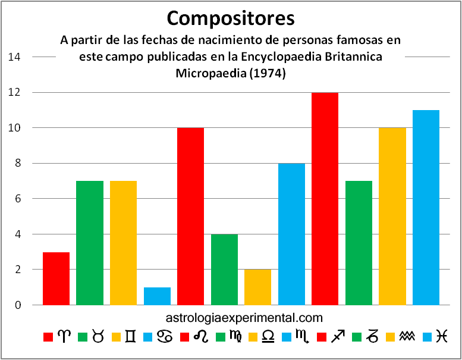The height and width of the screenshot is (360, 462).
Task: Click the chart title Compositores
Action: [231, 18]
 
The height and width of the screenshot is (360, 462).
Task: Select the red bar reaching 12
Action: [325, 199]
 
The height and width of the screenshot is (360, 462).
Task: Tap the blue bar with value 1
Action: [157, 296]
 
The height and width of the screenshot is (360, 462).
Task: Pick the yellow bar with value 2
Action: [257, 287]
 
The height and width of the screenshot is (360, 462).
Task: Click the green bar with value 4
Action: [224, 269]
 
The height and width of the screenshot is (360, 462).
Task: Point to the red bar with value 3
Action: [56, 278]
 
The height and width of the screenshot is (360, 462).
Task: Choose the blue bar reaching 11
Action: [426, 208]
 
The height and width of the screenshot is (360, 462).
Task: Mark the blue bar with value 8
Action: [291, 234]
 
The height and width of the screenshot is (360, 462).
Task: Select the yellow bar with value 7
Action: [123, 243]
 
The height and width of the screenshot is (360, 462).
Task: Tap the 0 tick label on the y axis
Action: [18, 305]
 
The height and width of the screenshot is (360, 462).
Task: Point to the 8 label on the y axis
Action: [18, 163]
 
